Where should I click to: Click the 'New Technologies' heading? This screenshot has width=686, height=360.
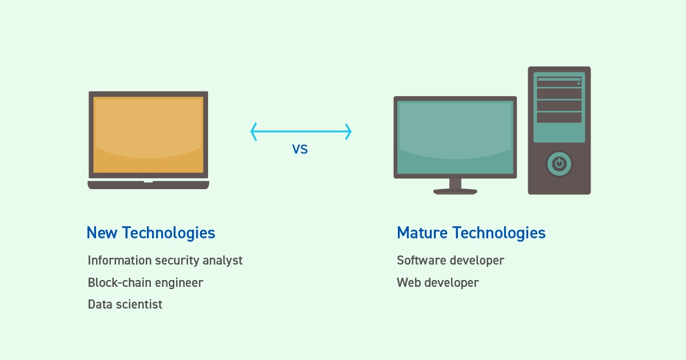click(150, 233)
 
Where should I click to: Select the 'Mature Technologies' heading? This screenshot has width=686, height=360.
click(471, 233)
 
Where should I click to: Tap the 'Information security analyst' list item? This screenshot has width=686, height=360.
click(165, 261)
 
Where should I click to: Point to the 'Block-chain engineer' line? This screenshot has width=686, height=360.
click(145, 283)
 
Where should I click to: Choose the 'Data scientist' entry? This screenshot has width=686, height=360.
click(125, 305)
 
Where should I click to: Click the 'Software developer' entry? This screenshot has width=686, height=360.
click(450, 261)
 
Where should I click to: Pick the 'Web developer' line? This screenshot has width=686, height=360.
click(438, 283)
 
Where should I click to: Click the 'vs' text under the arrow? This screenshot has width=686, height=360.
click(300, 150)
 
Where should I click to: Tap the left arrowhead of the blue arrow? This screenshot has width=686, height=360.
click(253, 132)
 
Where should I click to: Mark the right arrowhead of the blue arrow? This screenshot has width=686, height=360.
click(349, 132)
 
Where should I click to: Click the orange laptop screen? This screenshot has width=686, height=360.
click(148, 135)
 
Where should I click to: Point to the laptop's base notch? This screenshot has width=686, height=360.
click(148, 181)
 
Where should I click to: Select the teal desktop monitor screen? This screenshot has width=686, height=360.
click(455, 137)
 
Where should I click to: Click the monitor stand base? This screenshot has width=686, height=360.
click(455, 191)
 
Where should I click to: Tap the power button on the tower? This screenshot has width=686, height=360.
click(559, 164)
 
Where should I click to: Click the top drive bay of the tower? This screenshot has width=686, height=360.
click(559, 82)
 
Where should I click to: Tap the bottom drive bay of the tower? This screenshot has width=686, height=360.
click(559, 117)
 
